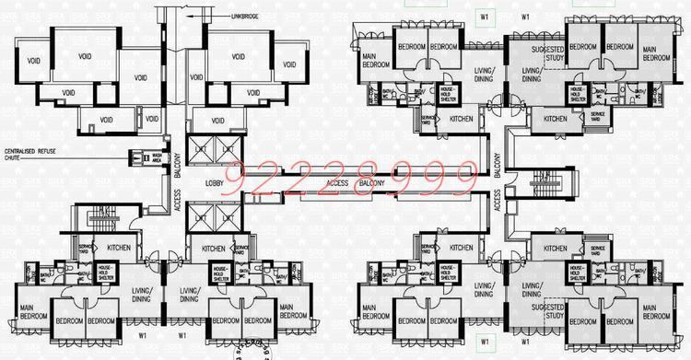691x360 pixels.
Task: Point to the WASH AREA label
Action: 157,157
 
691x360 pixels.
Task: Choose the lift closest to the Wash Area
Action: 199,149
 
